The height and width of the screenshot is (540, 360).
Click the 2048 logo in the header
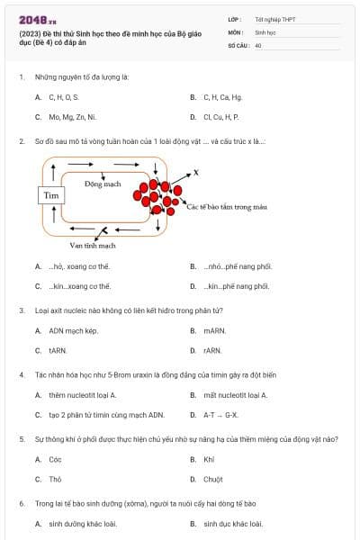(37, 21)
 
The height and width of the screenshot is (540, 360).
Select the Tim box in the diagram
(51, 195)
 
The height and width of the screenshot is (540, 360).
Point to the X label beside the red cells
(196, 172)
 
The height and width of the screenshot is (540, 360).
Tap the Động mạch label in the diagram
(103, 184)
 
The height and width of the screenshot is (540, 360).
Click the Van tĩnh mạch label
(93, 246)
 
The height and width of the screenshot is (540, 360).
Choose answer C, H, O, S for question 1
(64, 97)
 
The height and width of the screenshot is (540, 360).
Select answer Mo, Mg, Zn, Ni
(73, 117)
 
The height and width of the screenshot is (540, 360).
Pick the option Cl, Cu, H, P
(221, 117)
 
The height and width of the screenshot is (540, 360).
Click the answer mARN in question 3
(215, 331)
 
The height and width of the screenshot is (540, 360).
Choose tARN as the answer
(58, 351)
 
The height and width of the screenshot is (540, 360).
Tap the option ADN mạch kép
(74, 331)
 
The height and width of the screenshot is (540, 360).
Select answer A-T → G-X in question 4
(220, 415)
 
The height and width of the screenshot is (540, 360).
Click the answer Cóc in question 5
(55, 459)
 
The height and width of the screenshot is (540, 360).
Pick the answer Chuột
(213, 480)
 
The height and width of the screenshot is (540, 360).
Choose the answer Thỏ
(55, 480)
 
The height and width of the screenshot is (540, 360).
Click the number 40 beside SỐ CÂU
(258, 46)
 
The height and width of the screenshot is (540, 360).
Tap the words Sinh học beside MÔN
(265, 32)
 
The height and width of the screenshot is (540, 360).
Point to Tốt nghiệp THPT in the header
(275, 20)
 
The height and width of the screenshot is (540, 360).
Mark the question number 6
(22, 503)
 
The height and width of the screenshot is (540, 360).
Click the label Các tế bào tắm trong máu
(227, 207)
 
